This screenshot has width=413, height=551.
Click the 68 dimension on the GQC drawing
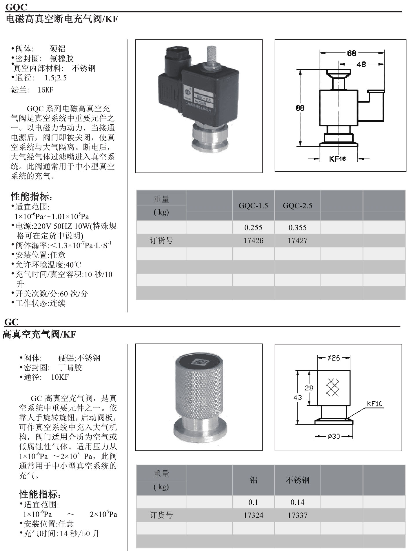[x=351, y=53]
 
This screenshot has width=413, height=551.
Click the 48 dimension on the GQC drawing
[x=361, y=64]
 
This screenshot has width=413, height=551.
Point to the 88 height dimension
[x=300, y=108]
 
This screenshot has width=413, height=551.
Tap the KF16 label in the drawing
[x=337, y=159]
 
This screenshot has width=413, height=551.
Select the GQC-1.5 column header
[x=253, y=206]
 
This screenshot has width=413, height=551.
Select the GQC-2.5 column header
[x=297, y=206]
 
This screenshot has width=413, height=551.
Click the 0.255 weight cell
[x=253, y=228]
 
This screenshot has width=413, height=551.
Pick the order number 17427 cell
[x=297, y=241]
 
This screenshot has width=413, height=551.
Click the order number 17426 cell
[x=253, y=241]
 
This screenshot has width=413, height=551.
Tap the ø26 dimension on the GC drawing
[x=334, y=358]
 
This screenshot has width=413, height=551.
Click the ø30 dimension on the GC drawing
[x=334, y=436]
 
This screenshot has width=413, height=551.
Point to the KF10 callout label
[x=374, y=404]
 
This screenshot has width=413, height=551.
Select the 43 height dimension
[x=298, y=397]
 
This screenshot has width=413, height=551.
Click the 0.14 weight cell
[x=297, y=502]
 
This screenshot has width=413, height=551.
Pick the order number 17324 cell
[x=253, y=515]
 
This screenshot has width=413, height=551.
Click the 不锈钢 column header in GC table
[x=297, y=480]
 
